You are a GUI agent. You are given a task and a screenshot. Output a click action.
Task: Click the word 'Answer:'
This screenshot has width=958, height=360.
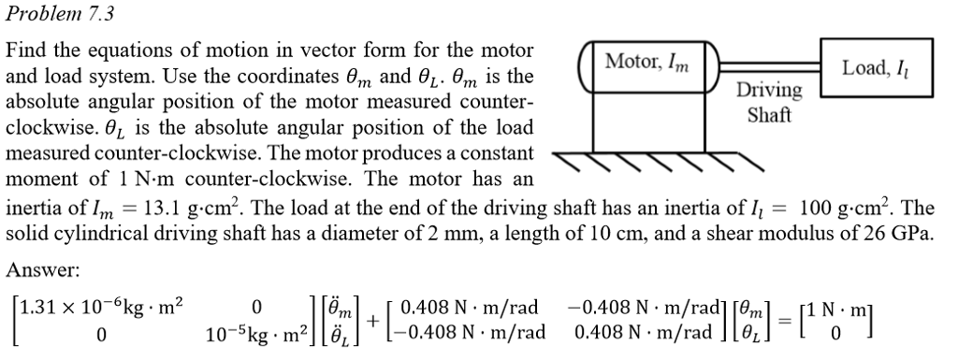[43, 269]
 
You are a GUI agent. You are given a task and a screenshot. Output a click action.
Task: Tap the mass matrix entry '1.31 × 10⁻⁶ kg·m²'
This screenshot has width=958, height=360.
[103, 306]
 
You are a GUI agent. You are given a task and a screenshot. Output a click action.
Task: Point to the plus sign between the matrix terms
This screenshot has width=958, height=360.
[373, 320]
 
